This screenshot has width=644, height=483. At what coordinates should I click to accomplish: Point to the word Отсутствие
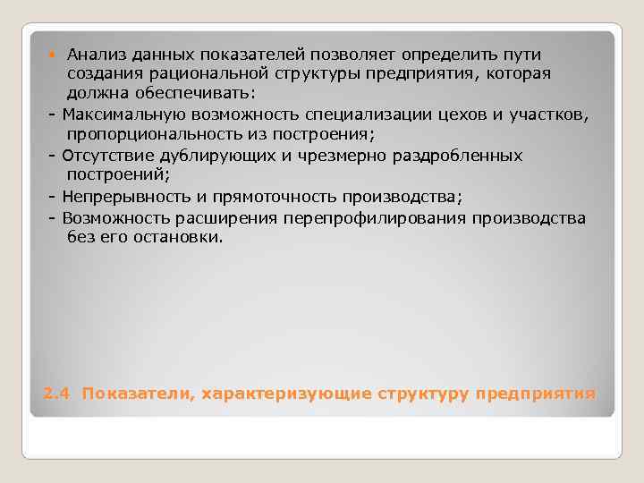click(x=103, y=155)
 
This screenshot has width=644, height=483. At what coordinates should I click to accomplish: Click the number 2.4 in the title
click(x=55, y=394)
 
